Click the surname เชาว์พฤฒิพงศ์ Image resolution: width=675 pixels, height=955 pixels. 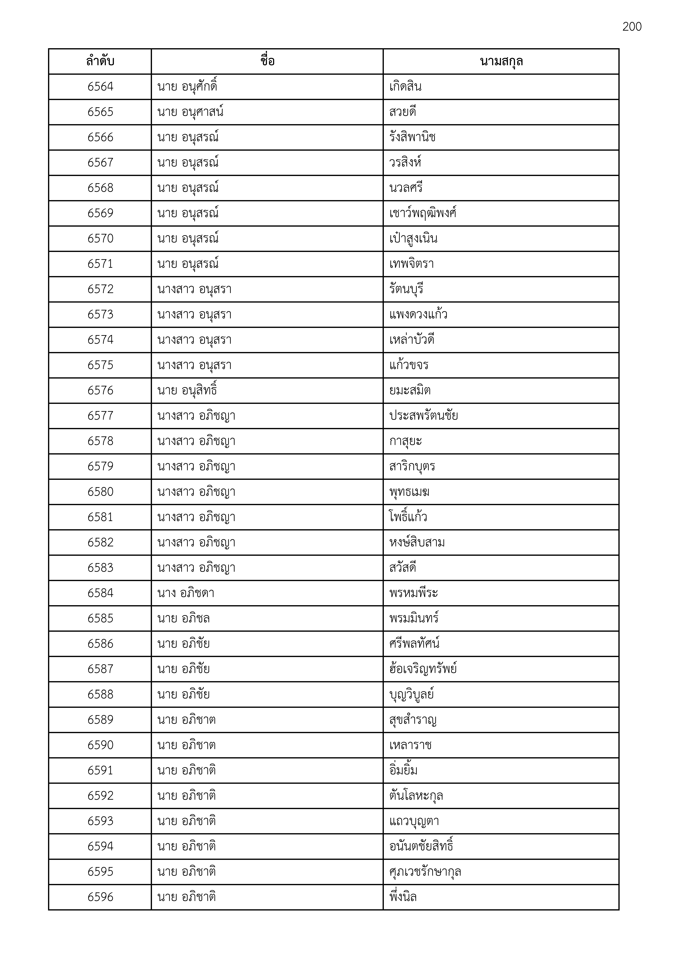click(x=423, y=213)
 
